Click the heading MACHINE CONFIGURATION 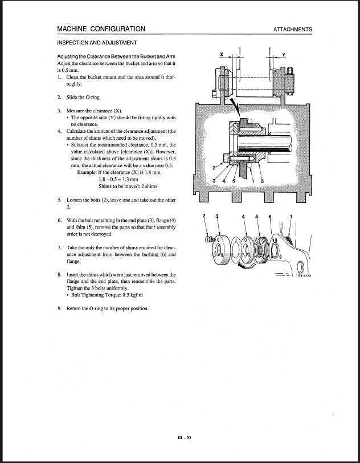click(x=101, y=29)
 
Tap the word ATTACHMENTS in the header click(x=292, y=30)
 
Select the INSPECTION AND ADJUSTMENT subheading click(x=96, y=43)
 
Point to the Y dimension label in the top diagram click(x=283, y=55)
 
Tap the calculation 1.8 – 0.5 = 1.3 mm click(x=119, y=179)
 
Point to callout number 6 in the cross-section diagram click(x=263, y=181)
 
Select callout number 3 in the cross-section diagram click(x=212, y=181)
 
